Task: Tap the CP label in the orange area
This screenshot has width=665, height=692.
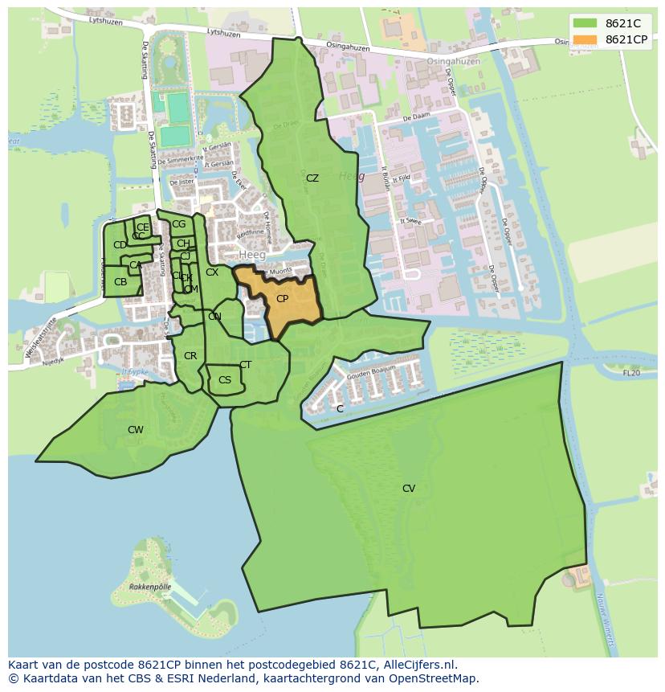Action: coord(282,299)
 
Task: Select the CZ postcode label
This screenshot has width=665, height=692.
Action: coord(312,178)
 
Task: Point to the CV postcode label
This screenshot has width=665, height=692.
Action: coord(409,489)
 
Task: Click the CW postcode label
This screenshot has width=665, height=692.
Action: coord(136,430)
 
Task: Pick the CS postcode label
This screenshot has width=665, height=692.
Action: coord(225,380)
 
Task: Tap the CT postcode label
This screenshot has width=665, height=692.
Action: coord(246,365)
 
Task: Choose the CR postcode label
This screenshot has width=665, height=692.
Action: coord(190,356)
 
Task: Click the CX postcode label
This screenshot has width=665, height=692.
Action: coord(212,272)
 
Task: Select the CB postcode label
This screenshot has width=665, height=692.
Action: coord(120,282)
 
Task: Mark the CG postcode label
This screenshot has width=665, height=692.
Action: coord(178,224)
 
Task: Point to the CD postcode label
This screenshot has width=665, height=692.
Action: coord(120,245)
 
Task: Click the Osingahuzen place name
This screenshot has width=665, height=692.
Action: coord(453,62)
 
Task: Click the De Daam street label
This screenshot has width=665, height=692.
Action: coord(418,117)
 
